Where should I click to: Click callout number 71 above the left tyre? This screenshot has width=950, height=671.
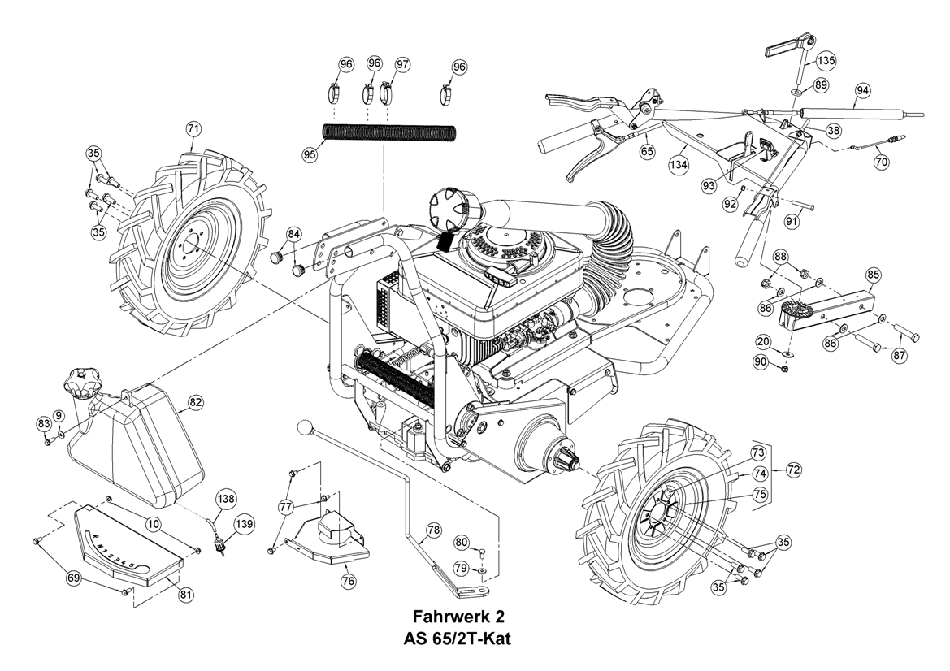point(194,129)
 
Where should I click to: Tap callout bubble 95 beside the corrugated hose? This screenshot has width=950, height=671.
point(311,154)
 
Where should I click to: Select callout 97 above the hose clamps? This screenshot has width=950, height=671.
point(403,65)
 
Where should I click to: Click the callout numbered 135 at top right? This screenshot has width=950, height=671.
point(826,61)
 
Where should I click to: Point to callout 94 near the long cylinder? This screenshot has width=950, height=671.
point(863,90)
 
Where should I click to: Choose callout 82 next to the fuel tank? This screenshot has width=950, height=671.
point(196,402)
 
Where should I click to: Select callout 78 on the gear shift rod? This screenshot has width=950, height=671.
point(433,529)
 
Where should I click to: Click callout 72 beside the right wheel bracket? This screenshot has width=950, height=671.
point(794,469)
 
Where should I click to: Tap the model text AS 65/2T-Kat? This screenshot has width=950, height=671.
point(458,639)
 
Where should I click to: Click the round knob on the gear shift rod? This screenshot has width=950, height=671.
point(304,428)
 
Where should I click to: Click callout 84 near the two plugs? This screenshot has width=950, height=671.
point(294,233)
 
